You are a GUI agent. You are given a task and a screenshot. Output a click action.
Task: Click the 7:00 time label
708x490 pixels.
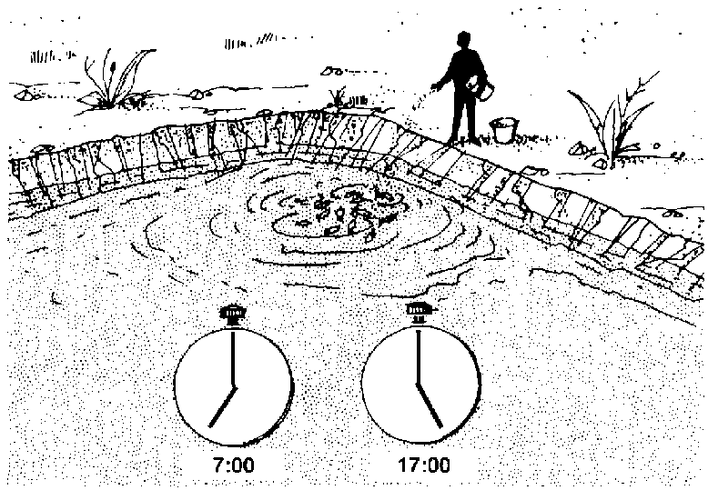[234, 465]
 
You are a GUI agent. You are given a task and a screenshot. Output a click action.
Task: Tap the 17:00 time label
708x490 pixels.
[423, 465]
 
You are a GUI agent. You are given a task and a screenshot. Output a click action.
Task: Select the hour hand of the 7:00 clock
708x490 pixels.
[222, 406]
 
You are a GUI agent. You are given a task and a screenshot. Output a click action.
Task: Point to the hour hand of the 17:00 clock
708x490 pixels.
[429, 405]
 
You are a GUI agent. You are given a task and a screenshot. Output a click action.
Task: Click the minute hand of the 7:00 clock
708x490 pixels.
[234, 359]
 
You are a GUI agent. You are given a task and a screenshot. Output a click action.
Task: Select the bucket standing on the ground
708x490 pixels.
[504, 130]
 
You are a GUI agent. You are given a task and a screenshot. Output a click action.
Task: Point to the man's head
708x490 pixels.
[464, 40]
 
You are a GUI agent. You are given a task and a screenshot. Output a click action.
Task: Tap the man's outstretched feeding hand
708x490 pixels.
[435, 85]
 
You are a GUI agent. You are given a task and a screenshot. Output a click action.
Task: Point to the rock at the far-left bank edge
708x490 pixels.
[25, 95]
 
